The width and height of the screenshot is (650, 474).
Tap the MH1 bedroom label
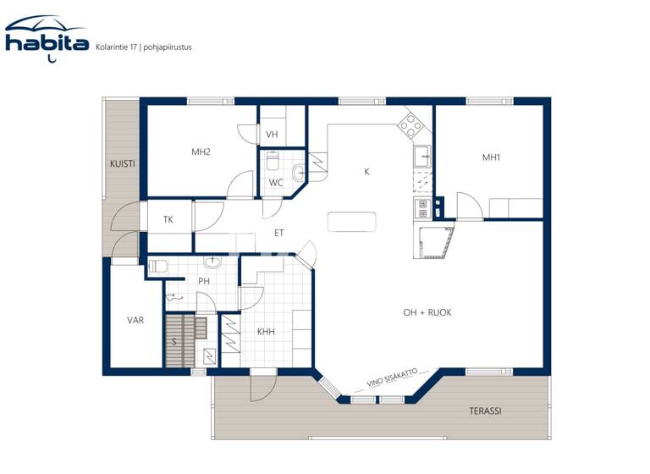pos(492,157)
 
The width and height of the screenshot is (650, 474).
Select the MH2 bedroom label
pos(201,152)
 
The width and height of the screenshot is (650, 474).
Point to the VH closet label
pos(272,135)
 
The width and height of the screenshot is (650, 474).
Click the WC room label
pos(276,183)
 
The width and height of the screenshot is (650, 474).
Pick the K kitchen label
pos(366,172)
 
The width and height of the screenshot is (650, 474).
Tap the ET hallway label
pos(278,233)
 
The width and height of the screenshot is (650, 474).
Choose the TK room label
pos(168,220)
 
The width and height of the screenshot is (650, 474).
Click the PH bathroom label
pos(204,281)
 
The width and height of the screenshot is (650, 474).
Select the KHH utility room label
pos(266,333)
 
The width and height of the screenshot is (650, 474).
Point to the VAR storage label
pos(135,321)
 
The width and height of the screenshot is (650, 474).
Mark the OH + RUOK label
pos(427,312)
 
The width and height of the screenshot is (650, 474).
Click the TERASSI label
pos(485,411)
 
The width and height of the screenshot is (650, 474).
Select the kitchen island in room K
pos(352,221)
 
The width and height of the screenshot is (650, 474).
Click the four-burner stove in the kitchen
pos(411,126)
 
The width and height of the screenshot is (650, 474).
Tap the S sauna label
pos(174,342)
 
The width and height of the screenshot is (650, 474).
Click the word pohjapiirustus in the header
pos(166,47)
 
